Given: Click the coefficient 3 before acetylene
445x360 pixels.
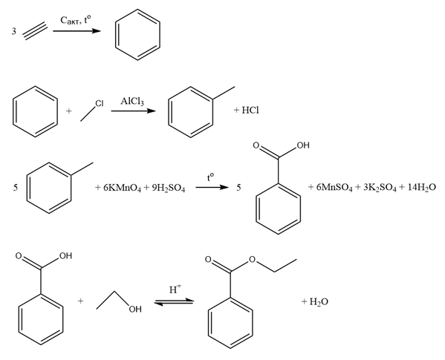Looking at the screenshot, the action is click(x=14, y=31).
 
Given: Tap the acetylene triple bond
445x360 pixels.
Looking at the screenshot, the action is click(x=35, y=31).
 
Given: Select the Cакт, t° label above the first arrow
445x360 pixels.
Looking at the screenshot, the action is click(x=76, y=20).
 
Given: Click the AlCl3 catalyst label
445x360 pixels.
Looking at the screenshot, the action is click(x=132, y=101).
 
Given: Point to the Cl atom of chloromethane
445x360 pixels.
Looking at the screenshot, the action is click(x=99, y=103).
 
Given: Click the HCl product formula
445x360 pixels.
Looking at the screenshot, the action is click(x=250, y=111).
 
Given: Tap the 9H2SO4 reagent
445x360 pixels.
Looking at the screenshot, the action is click(x=169, y=188).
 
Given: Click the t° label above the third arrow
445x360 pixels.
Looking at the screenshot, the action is click(x=210, y=177).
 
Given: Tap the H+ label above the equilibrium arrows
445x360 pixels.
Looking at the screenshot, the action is click(x=175, y=289).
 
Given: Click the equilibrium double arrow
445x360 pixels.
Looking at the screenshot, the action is click(x=174, y=302).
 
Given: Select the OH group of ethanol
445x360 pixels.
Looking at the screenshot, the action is click(x=134, y=310).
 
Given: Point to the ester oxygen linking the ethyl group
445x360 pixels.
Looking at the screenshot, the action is click(x=252, y=259).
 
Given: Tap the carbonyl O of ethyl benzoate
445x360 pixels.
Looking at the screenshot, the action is click(x=208, y=259).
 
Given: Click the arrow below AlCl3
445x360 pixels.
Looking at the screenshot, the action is click(x=133, y=111).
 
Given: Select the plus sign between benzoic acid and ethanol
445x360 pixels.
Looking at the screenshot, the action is click(x=80, y=301).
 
